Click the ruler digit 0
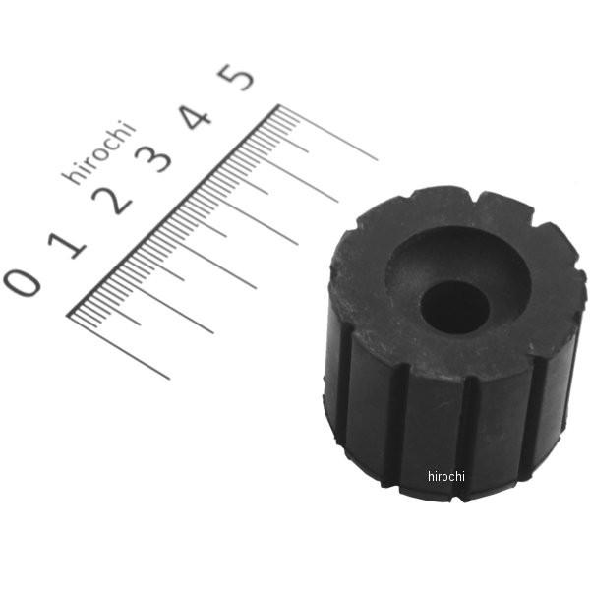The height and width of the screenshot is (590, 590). pos(22,282)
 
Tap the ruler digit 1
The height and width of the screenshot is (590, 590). pos(67,245)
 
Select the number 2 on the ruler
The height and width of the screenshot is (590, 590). pos(112,201)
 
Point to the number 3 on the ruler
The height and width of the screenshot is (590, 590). pos(153,158)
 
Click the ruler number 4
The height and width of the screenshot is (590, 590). pos(194,117)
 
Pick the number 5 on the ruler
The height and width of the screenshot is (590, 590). pos(236,77)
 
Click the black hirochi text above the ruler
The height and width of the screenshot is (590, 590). pos(98,151)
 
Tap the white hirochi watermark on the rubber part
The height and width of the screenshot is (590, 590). pos(446,476)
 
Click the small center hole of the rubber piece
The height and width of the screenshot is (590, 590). pos(454,307)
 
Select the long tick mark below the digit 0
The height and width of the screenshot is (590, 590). pos(119,347)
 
